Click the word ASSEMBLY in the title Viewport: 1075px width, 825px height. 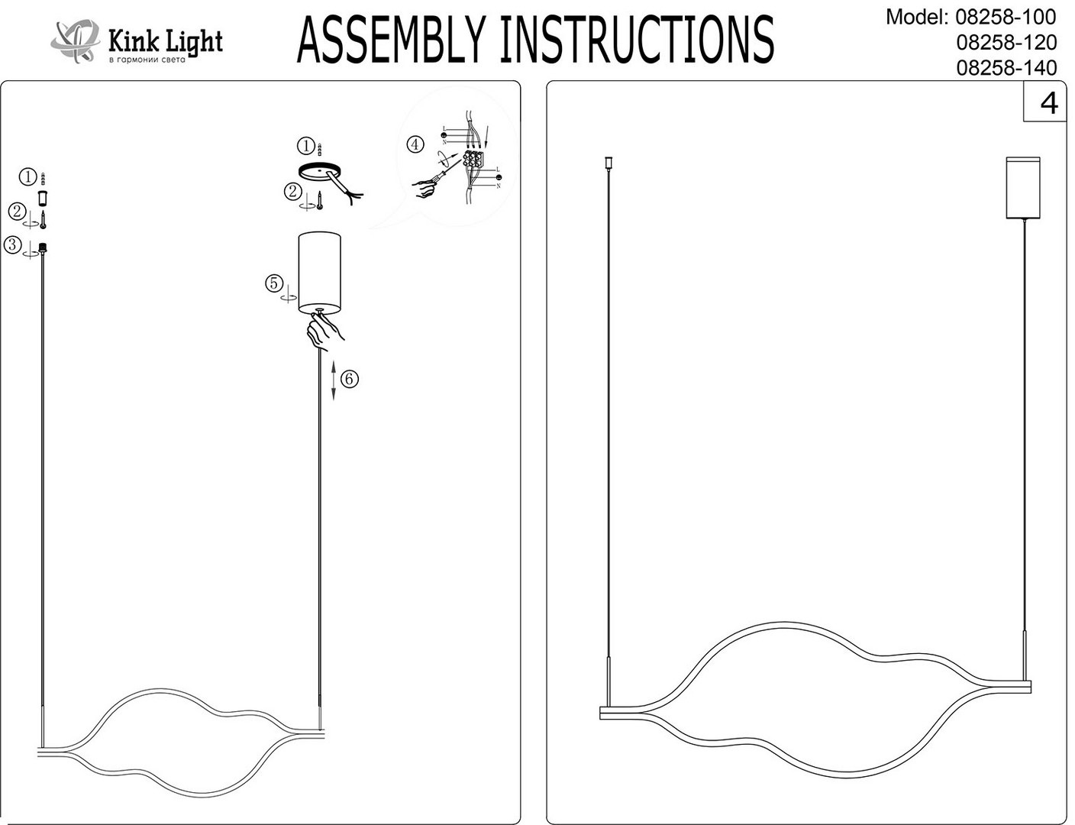(389, 40)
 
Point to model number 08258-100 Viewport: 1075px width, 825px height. (1006, 17)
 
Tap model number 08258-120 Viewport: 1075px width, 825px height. (1006, 42)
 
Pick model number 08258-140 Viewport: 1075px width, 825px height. (1006, 68)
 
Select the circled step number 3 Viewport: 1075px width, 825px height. (12, 245)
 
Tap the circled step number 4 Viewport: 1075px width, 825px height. (415, 144)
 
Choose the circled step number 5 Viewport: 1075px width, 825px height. (274, 283)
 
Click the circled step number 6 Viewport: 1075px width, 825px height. (350, 379)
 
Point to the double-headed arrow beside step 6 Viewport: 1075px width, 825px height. (334, 380)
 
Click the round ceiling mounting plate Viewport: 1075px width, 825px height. (320, 172)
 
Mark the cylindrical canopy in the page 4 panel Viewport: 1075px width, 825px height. (1023, 188)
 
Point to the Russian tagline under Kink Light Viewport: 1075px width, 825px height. (147, 60)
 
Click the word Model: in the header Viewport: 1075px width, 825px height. (917, 17)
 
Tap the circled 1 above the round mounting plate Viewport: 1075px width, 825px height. (305, 145)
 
